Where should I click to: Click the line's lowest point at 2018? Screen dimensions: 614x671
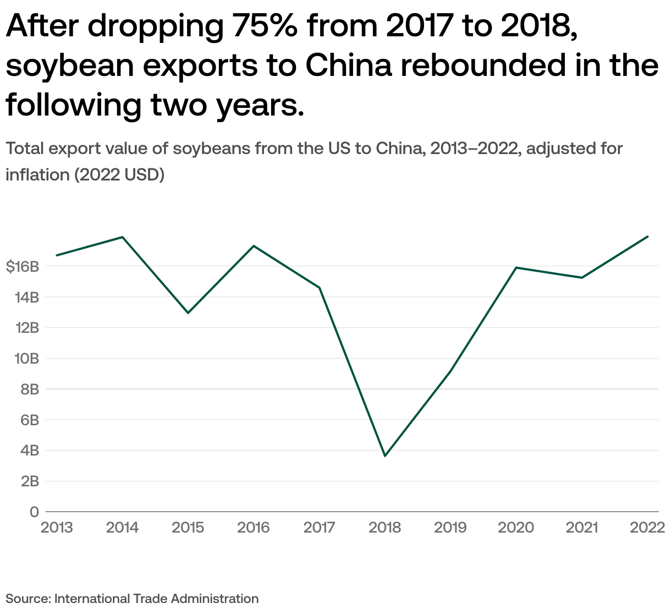385,456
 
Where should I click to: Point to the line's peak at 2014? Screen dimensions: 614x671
122,237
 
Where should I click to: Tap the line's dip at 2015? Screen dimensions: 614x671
188,313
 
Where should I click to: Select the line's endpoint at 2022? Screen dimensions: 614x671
648,237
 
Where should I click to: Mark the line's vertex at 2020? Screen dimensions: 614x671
516,268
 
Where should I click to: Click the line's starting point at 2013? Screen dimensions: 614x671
57,255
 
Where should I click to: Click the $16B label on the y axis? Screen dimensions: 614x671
23,267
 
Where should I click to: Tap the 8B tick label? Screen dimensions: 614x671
29,390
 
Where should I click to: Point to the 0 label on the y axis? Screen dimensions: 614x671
34,512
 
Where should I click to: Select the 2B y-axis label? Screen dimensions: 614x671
30,481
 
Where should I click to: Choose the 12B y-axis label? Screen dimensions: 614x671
28,328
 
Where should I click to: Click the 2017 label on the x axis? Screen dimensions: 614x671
319,528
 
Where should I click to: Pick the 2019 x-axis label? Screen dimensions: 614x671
450,528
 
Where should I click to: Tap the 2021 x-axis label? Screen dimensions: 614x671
582,528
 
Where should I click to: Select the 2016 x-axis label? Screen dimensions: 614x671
254,528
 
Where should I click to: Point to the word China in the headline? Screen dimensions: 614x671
348,65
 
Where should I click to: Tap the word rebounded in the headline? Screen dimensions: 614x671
483,65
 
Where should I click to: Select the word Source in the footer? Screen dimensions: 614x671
28,599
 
